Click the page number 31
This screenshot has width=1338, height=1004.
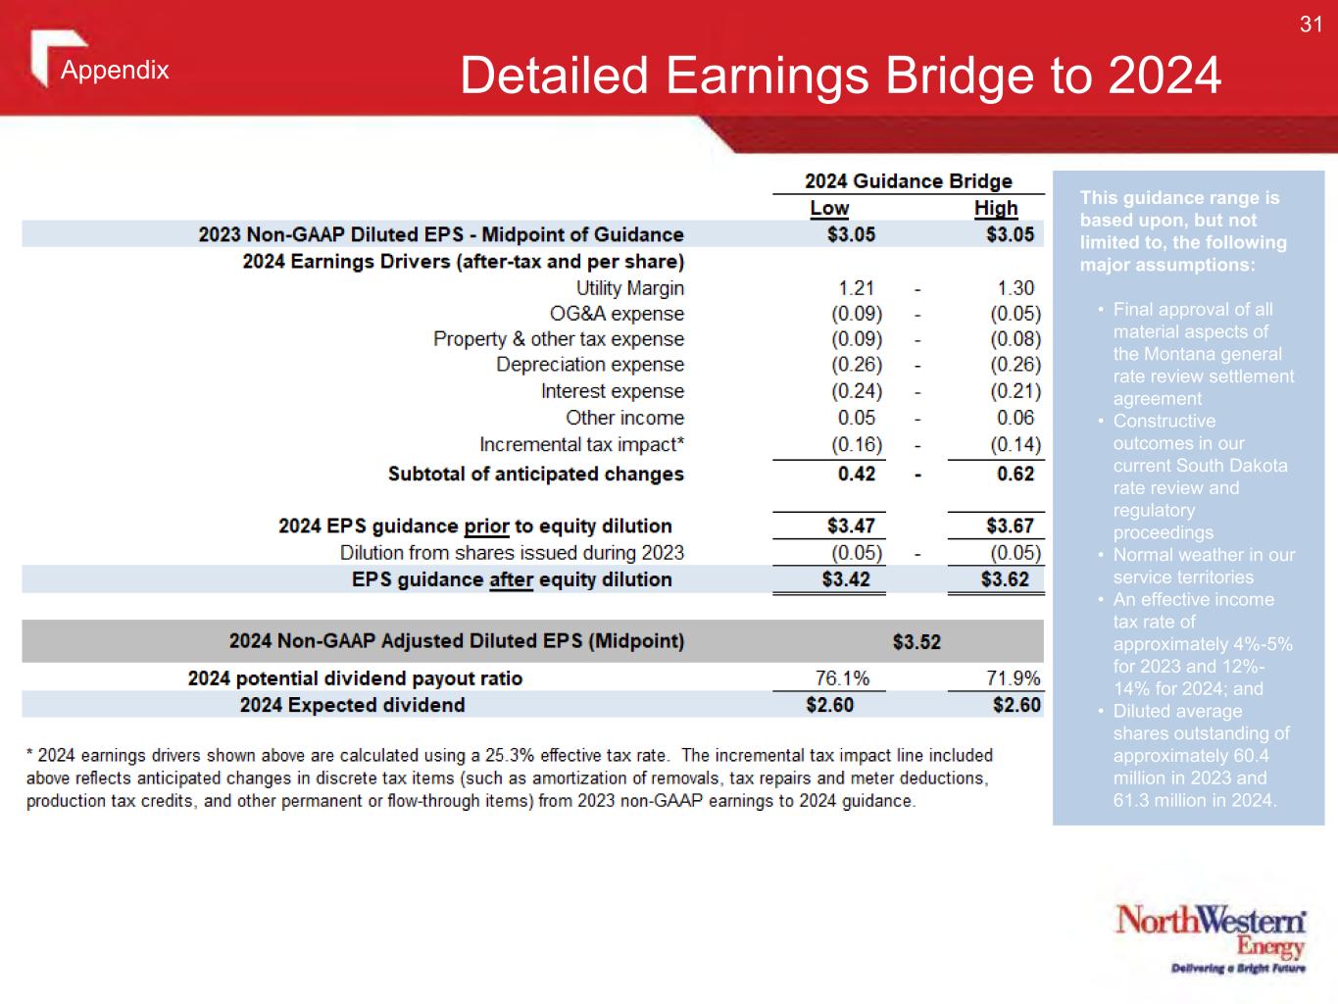pos(1311,25)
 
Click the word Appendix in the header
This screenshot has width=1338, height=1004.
pos(115,70)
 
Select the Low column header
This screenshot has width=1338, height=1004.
pos(829,208)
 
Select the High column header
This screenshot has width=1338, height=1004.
pos(996,208)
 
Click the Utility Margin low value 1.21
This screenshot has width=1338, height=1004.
pos(856,287)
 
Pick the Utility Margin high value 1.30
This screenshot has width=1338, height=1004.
pos(1016,287)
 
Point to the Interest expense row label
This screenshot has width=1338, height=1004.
pos(613,391)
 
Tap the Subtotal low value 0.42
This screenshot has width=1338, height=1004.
pos(856,474)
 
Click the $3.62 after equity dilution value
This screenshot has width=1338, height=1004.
pos(1005,578)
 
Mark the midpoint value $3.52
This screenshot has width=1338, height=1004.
pos(917,642)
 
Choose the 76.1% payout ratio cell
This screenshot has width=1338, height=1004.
pos(842,678)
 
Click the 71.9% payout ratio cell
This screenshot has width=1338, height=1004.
pos(1013,678)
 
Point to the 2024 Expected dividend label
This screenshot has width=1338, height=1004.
pos(353,705)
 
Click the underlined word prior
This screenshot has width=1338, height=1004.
pos(486,527)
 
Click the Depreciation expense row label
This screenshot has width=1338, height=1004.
pos(590,365)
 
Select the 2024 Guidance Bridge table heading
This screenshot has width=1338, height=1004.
pos(908,181)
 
